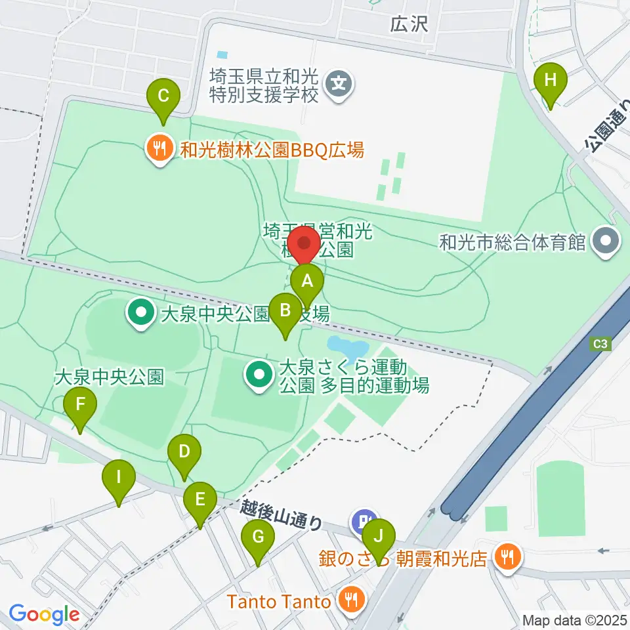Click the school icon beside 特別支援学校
coord(339,85)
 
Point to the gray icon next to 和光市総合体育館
coord(604,243)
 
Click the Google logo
coord(44,614)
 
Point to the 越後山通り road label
coord(282,514)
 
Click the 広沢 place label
coord(408,25)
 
